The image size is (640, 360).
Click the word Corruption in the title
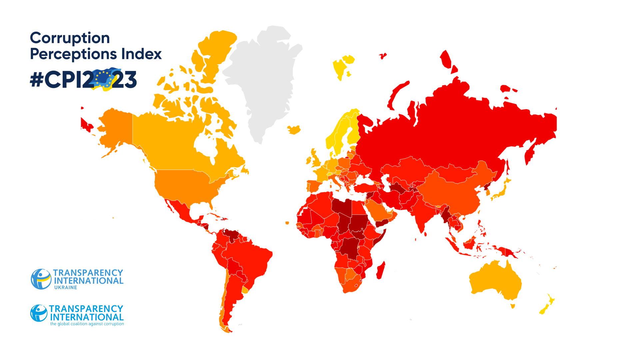tap(70, 38)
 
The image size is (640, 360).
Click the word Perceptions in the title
tap(73, 54)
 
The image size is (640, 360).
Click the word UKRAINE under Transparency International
tap(66, 288)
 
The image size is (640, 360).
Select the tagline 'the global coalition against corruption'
tap(87, 324)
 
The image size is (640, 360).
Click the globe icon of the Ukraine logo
tap(41, 279)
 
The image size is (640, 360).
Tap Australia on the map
tap(495, 282)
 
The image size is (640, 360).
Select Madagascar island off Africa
tap(380, 270)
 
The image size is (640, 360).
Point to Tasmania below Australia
tap(513, 306)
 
